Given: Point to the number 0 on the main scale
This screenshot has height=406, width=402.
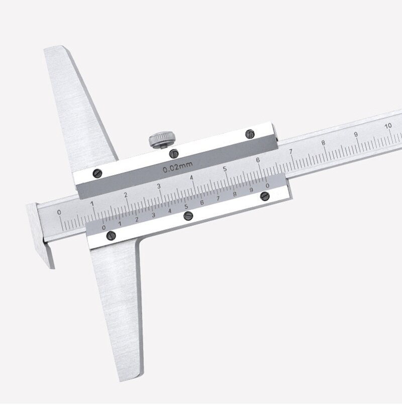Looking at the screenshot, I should coord(59,212).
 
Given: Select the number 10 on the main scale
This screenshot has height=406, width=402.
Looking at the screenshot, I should coord(388,125).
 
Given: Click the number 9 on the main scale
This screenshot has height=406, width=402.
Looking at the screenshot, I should coord(356,134).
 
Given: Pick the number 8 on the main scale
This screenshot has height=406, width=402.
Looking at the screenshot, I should coord(323,143).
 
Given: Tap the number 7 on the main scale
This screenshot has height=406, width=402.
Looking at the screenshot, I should coord(290,151).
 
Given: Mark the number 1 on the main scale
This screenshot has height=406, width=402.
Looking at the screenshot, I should coord(92,203).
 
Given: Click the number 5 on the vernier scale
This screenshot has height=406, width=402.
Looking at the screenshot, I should coord(186,207).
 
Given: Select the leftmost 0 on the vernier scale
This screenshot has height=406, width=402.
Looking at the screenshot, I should coord(104,227).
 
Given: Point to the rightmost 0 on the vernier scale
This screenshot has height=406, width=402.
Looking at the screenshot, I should coord(267,186).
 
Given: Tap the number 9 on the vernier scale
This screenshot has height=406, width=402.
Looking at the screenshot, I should coord(251,190).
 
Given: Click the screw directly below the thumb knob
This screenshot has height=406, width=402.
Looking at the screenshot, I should coord(173,153).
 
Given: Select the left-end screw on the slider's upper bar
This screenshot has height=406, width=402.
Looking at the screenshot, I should coord(97,173).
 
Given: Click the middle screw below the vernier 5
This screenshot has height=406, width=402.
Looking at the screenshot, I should coord(189,216).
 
